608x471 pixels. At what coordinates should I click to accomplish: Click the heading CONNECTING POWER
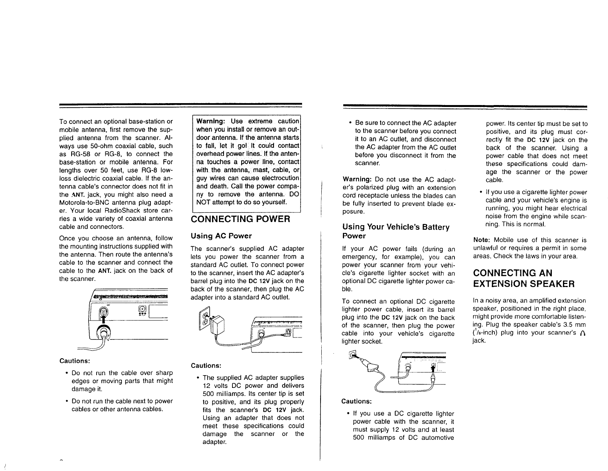240,219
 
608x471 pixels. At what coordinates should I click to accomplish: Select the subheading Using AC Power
221,235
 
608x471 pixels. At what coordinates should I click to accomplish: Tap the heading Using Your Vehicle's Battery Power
396,231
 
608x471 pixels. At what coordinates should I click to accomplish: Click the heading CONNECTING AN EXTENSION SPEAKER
523,279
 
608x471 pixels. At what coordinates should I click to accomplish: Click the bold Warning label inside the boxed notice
210,122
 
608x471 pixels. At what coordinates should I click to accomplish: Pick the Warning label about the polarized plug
356,180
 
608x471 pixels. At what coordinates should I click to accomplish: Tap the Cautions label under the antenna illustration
75,361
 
